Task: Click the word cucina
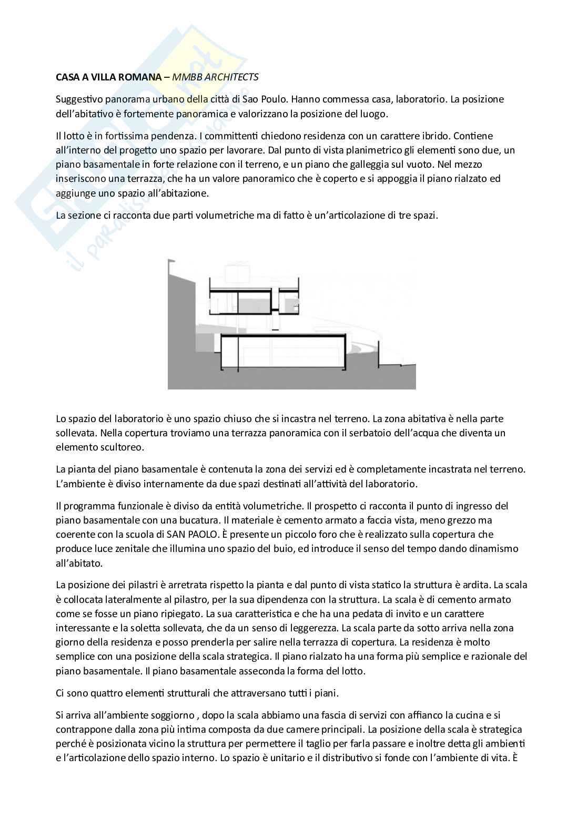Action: [468, 715]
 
